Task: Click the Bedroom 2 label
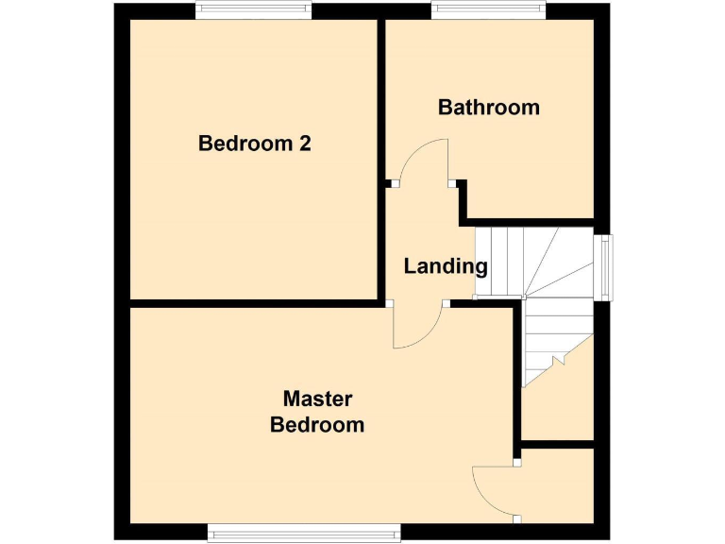[254, 144]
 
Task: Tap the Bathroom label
[488, 107]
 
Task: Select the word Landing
[445, 266]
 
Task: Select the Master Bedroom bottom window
[304, 534]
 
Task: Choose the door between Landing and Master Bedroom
[418, 326]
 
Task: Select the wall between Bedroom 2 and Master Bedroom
[255, 303]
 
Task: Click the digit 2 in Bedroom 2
[304, 144]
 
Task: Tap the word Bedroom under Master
[317, 425]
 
